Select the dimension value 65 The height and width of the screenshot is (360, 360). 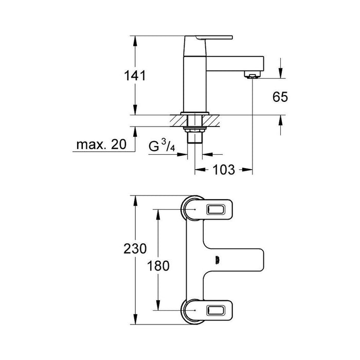(280, 96)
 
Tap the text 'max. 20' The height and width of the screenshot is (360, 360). (101, 145)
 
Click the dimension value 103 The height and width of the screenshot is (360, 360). (224, 169)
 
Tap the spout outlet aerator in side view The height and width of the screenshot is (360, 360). (252, 77)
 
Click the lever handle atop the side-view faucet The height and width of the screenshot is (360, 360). (215, 38)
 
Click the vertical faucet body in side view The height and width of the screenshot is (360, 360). (193, 77)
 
